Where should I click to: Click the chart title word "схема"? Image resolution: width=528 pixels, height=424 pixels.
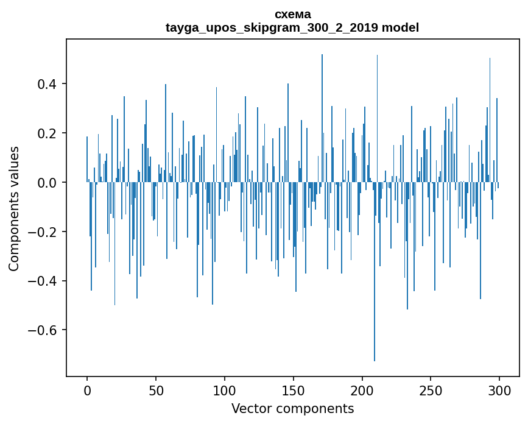point(292,15)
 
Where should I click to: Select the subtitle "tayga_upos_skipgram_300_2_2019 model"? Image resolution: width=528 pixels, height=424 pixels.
point(292,28)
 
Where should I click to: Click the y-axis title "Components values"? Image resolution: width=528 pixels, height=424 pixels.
point(14,208)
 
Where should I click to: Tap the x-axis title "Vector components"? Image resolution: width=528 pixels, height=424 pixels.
point(292,409)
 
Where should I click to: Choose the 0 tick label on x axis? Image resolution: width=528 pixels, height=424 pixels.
point(87,390)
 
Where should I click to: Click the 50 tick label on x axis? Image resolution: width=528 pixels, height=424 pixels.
point(156,390)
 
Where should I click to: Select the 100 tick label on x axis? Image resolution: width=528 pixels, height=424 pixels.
point(225,390)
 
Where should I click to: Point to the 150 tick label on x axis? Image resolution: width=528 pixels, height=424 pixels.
point(294,390)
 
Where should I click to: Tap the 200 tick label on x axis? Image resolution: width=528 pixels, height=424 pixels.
point(362,390)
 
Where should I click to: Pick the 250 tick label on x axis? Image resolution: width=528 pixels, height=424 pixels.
point(431,390)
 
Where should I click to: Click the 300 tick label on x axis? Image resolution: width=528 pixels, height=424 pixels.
point(499,390)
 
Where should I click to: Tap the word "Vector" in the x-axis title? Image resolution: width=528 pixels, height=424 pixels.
point(248,409)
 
